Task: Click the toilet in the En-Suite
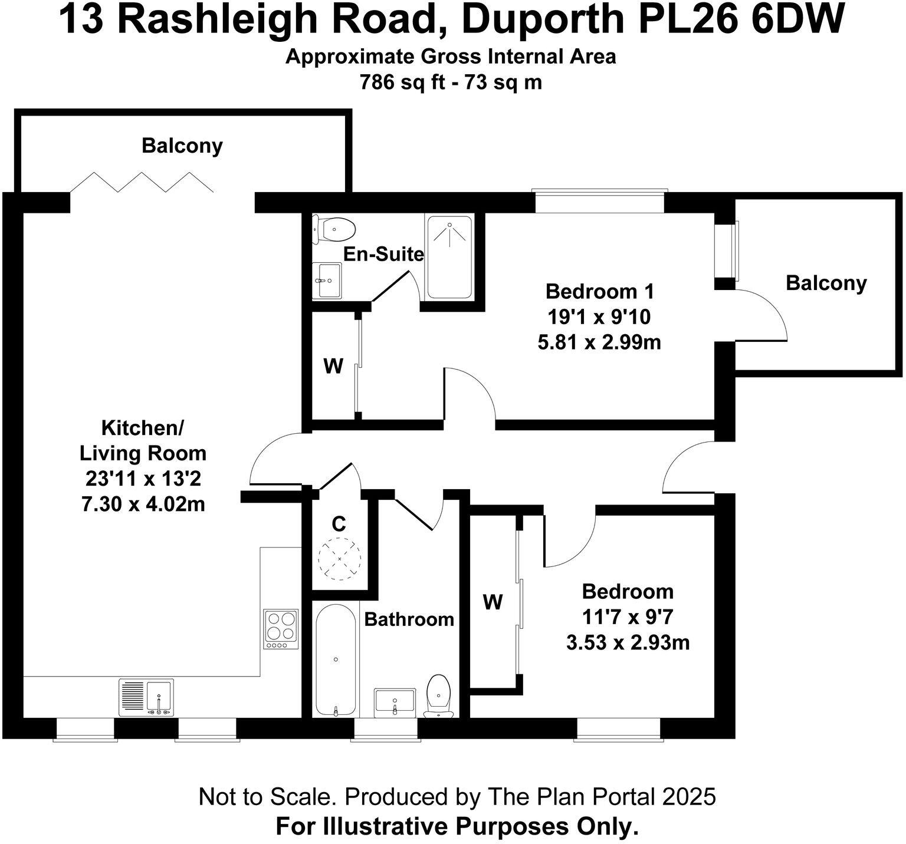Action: [334, 229]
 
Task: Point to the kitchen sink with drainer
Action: [146, 698]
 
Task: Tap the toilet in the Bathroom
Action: [438, 695]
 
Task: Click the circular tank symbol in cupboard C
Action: [339, 558]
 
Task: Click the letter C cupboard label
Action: [339, 523]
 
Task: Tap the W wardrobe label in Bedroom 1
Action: [333, 367]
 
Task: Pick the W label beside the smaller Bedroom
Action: [493, 602]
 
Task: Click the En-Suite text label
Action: [383, 254]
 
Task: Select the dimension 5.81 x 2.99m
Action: [599, 342]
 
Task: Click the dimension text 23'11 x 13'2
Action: [143, 479]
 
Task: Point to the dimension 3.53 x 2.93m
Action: [628, 642]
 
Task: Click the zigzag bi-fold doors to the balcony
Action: [142, 182]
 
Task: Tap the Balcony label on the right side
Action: [826, 283]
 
